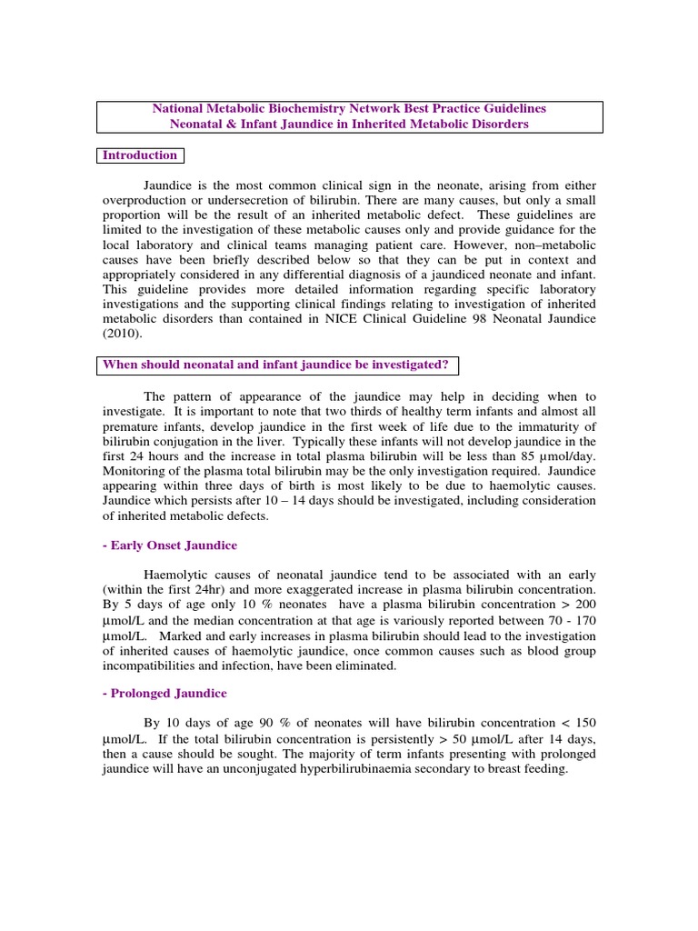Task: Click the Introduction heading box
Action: coord(139,155)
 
